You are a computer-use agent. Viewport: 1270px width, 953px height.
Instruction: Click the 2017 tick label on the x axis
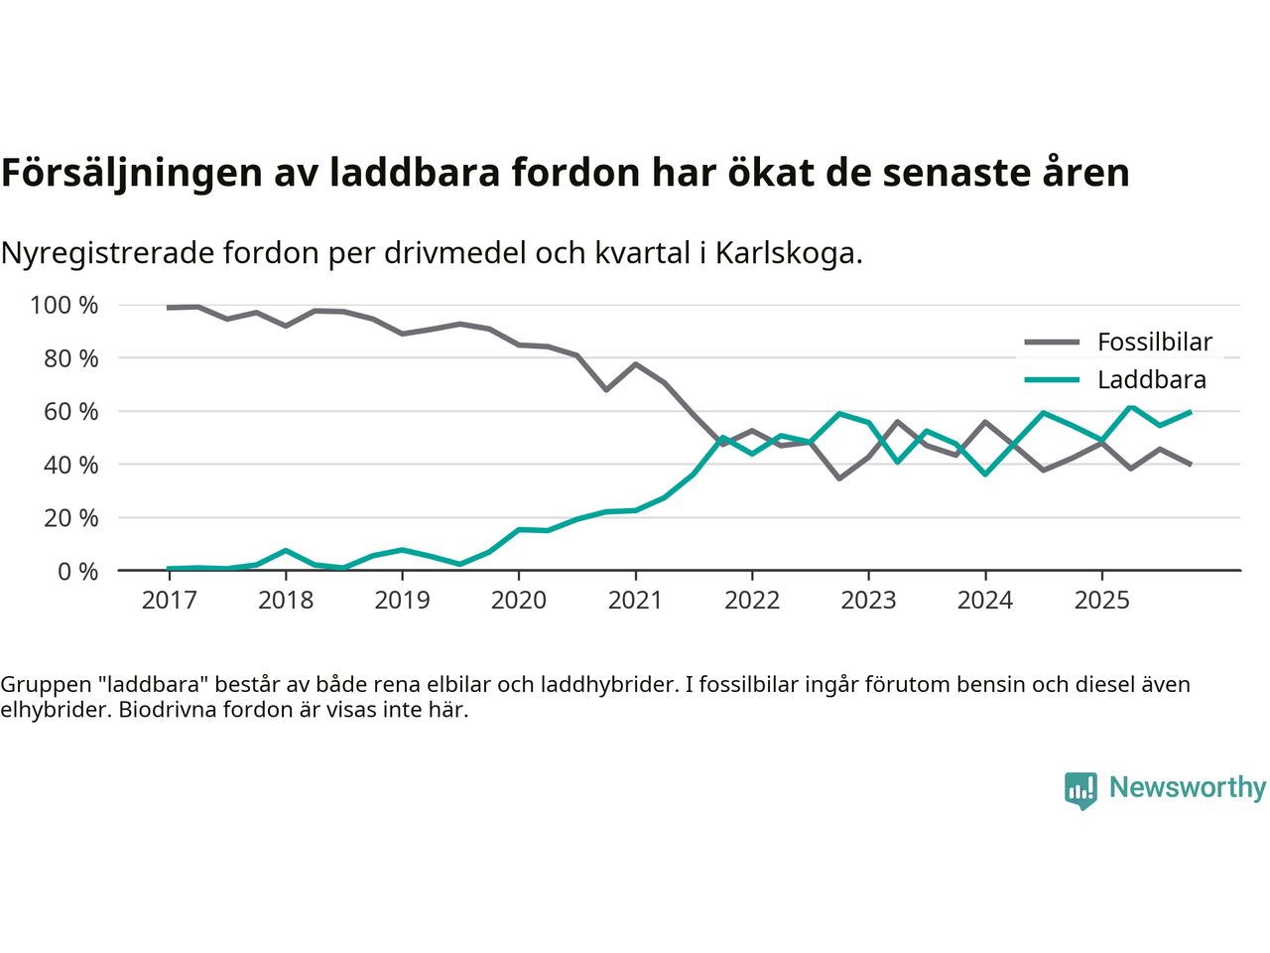coord(169,601)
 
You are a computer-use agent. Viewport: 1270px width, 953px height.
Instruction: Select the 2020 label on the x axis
coord(519,601)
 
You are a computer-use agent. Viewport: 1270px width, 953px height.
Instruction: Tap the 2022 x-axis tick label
coord(752,601)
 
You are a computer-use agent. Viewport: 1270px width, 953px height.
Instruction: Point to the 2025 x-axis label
coord(1101,601)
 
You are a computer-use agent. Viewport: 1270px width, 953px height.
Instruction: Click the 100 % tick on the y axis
coord(64,306)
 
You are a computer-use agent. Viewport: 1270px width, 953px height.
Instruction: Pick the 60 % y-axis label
coord(70,412)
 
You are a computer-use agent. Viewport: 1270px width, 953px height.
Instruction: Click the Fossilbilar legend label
coord(1154,342)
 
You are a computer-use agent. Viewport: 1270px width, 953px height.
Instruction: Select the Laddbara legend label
coord(1151,380)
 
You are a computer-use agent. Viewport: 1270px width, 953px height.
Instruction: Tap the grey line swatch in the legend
coord(1051,342)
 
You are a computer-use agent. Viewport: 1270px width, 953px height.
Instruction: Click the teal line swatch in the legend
coord(1051,380)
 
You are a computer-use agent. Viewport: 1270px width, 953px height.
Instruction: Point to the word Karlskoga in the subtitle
coord(788,253)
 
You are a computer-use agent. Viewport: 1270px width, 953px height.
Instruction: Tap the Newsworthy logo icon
coord(1080,790)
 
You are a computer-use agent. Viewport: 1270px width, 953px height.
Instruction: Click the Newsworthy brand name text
coord(1187,787)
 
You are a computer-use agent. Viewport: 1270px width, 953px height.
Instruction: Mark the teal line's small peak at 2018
coord(286,550)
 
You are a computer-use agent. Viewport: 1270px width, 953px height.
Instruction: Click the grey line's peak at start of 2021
coord(636,364)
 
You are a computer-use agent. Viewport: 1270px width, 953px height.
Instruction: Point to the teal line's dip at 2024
coord(985,474)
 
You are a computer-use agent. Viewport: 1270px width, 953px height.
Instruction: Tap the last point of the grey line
coord(1190,464)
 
